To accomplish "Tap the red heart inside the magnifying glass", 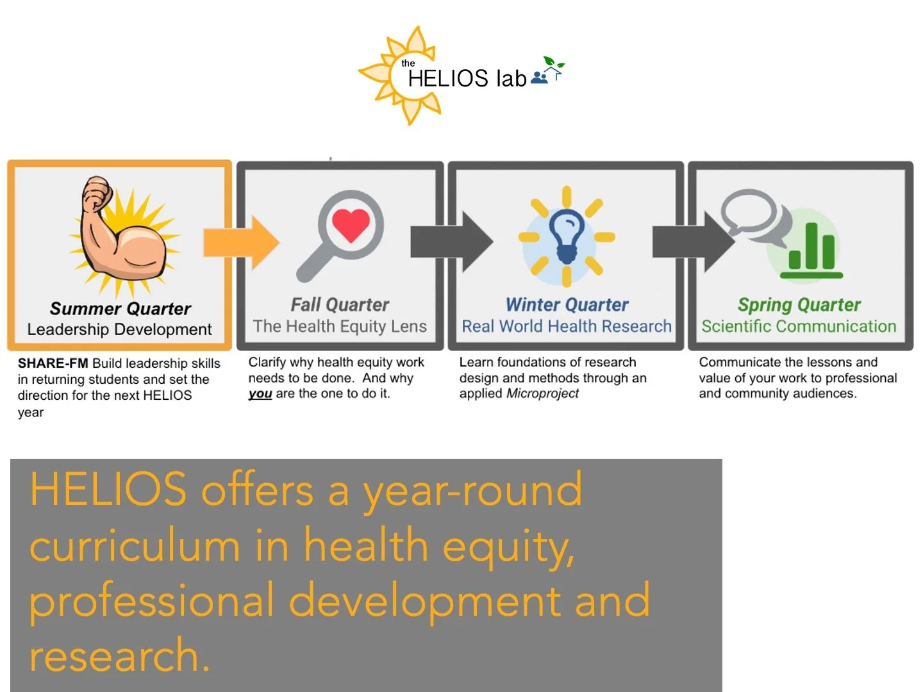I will pos(351,224).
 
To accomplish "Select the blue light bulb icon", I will pos(566,236).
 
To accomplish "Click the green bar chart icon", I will pos(811,250).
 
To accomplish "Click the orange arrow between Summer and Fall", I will pos(241,242).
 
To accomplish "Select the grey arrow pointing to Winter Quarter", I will pos(451,241).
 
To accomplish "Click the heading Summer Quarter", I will pos(121,309).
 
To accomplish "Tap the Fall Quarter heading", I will pos(340,305).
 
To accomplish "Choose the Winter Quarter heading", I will pos(567,305).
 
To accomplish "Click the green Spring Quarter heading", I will pos(799,305).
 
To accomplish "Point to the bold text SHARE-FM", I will pos(53,363).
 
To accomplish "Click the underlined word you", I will pos(260,394).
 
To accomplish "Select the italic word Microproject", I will pos(542,393).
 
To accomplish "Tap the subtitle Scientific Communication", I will pos(799,327).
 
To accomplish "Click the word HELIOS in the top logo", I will pos(448,79).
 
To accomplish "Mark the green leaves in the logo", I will pos(554,63).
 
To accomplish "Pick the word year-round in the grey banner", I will pos(472,491).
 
